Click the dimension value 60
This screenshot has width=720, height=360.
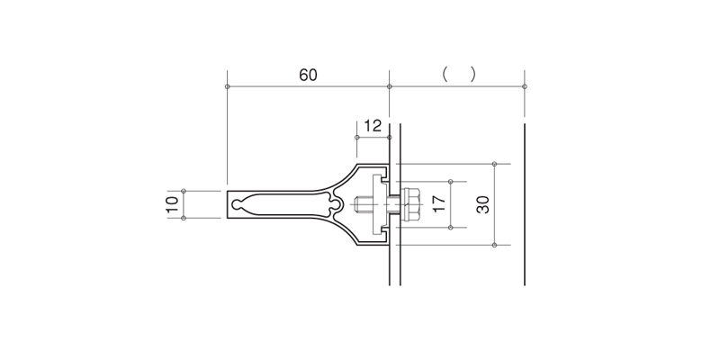(308, 75)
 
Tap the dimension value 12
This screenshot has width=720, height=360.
(373, 125)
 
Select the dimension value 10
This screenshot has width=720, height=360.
(173, 204)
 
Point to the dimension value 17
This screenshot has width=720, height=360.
(439, 204)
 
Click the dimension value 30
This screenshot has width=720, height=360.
(482, 204)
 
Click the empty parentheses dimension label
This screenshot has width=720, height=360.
(459, 74)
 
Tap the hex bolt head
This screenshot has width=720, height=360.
(410, 204)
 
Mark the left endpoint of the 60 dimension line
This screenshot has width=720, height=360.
(228, 86)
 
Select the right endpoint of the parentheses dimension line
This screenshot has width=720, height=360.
(525, 86)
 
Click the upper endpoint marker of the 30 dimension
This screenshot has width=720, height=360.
(494, 164)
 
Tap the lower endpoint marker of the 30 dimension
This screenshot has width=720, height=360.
(494, 245)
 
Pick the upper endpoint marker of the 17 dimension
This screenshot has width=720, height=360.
(451, 182)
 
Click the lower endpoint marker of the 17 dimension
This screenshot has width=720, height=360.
(451, 228)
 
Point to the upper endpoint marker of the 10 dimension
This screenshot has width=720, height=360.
(184, 191)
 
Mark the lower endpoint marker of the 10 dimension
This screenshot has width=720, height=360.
(184, 218)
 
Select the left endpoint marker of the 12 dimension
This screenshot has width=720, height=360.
(356, 138)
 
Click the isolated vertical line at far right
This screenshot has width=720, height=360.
(525, 204)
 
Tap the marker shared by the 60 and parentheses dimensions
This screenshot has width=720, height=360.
(390, 86)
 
